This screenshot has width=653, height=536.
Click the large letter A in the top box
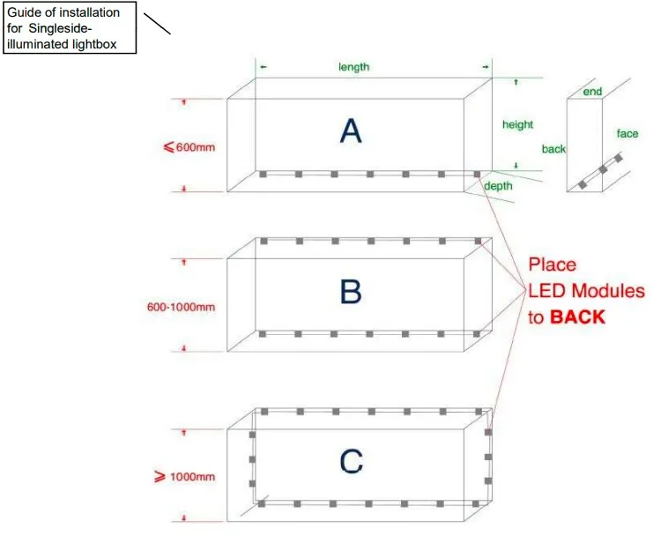[x=351, y=130]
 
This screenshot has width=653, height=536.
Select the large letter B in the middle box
[x=351, y=291]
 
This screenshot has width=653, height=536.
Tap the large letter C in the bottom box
[x=351, y=461]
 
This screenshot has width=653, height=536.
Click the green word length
[x=353, y=67]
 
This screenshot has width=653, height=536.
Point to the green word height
[x=517, y=124]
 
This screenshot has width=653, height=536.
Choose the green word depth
[x=498, y=186]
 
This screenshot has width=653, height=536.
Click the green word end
[x=592, y=92]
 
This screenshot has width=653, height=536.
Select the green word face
[x=627, y=134]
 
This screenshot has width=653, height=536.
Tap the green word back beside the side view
[x=553, y=149]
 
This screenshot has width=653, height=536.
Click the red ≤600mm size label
[x=189, y=147]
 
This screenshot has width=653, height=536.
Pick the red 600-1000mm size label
[x=182, y=307]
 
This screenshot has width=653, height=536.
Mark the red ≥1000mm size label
[x=185, y=476]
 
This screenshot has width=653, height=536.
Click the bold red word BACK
[x=577, y=317]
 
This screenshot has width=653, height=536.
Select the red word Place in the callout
[x=553, y=264]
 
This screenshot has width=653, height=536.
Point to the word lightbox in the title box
[x=94, y=44]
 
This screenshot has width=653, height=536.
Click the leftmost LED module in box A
[x=263, y=174]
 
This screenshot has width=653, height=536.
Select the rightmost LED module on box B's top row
[x=478, y=242]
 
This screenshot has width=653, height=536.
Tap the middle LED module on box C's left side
[x=252, y=459]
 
